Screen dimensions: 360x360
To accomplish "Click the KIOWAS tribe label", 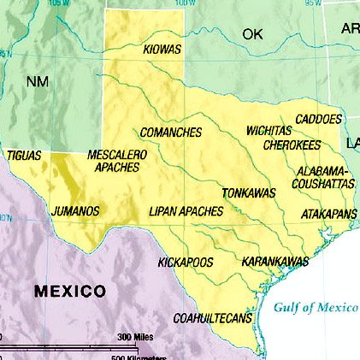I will pyautogui.click(x=162, y=50).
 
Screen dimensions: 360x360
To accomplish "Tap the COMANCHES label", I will pyautogui.click(x=171, y=133).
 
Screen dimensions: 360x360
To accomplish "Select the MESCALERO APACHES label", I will pyautogui.click(x=117, y=161).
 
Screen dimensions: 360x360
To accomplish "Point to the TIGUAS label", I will pyautogui.click(x=23, y=156).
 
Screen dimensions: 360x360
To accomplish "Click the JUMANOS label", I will pyautogui.click(x=75, y=210).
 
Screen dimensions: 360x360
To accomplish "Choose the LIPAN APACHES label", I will pyautogui.click(x=186, y=210).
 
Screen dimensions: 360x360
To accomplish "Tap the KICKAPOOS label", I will pyautogui.click(x=186, y=262).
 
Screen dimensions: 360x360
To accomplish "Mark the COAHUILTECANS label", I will pyautogui.click(x=213, y=318).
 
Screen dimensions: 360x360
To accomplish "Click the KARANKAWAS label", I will pyautogui.click(x=274, y=261).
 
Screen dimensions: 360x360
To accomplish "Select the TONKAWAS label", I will pyautogui.click(x=249, y=193).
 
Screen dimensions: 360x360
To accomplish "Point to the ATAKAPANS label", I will pyautogui.click(x=329, y=214).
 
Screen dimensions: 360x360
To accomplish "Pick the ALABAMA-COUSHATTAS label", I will pyautogui.click(x=324, y=177).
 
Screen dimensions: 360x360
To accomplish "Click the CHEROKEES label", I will pyautogui.click(x=292, y=145).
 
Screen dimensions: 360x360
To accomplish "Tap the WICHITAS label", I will pyautogui.click(x=269, y=131).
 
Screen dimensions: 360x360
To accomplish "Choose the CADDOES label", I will pyautogui.click(x=318, y=119).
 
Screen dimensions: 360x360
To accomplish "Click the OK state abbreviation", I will pyautogui.click(x=252, y=34).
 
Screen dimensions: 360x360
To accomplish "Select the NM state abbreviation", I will pyautogui.click(x=38, y=82).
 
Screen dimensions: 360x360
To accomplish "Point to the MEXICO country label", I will pyautogui.click(x=70, y=292).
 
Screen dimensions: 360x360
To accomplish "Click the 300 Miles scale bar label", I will pyautogui.click(x=134, y=336).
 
